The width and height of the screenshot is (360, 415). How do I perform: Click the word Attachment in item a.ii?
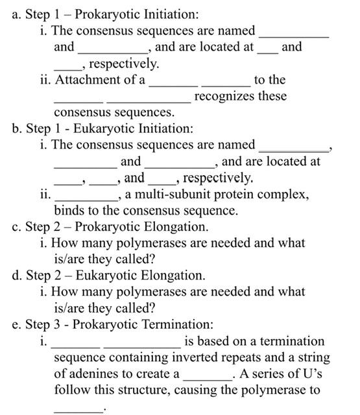point(89,80)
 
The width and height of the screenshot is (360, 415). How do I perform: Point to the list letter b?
point(16,129)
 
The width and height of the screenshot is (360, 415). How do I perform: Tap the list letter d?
point(16,275)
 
